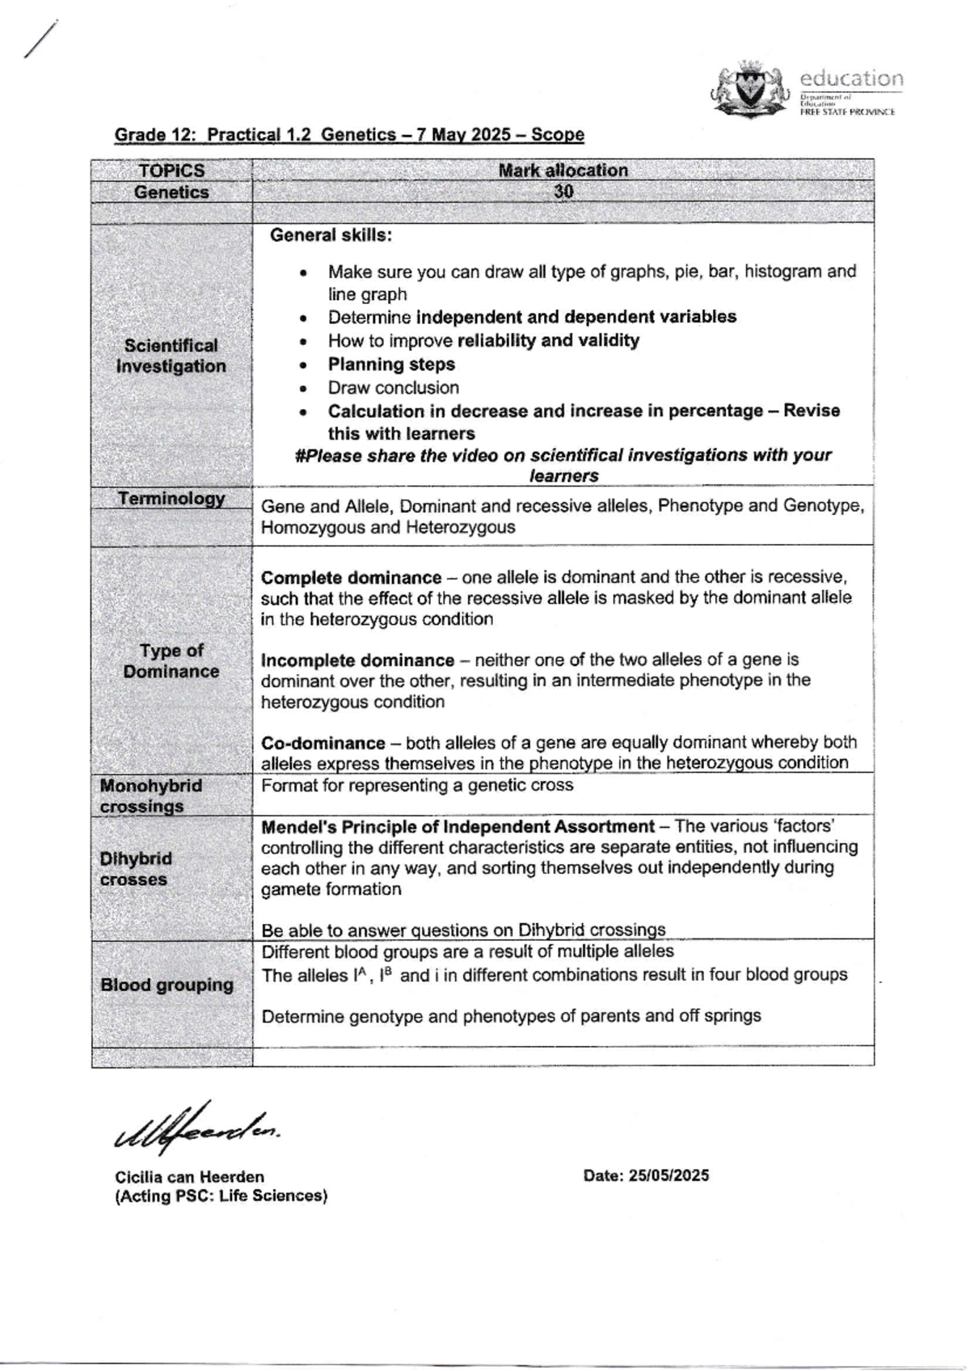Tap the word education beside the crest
pos(851,79)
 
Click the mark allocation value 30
pos(563,192)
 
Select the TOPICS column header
pos(171,171)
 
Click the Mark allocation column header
pos(563,171)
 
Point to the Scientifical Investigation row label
pos(171,356)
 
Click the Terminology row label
pos(171,499)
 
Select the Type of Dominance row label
pos(171,661)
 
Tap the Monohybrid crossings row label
pos(151,796)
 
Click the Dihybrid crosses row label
pos(136,869)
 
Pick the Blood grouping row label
pos(167,985)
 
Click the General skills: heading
pos(331,235)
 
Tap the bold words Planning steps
pos(391,365)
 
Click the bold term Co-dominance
pos(323,743)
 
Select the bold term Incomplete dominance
pos(357,660)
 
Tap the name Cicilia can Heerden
pos(190,1177)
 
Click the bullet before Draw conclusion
pos(302,389)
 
